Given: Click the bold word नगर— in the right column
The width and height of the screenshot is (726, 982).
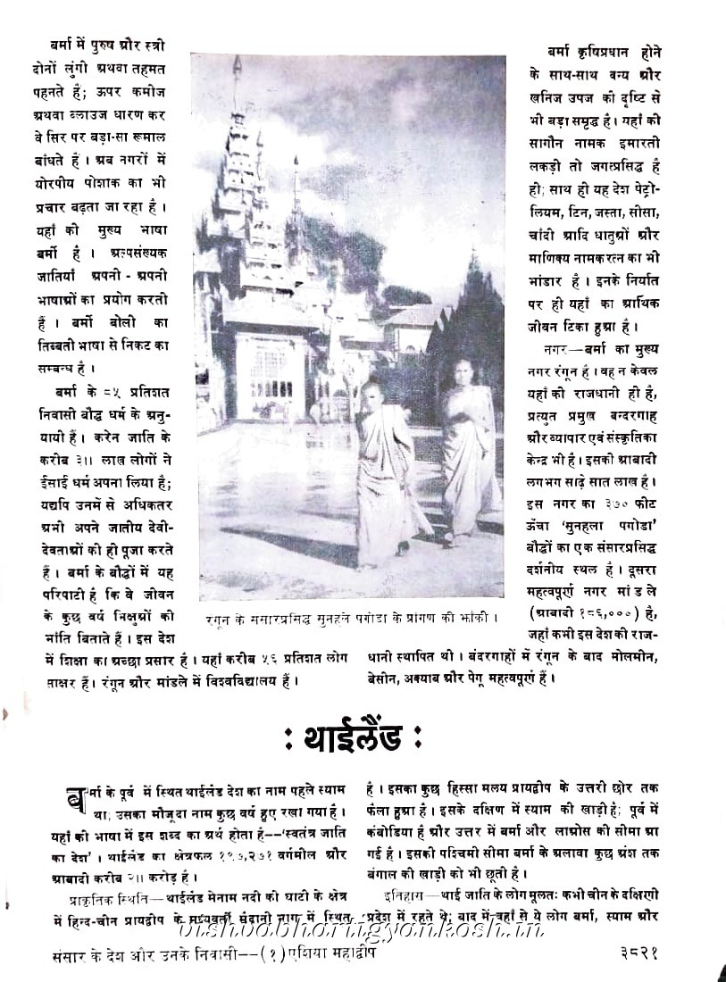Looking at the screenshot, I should click(x=559, y=346).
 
